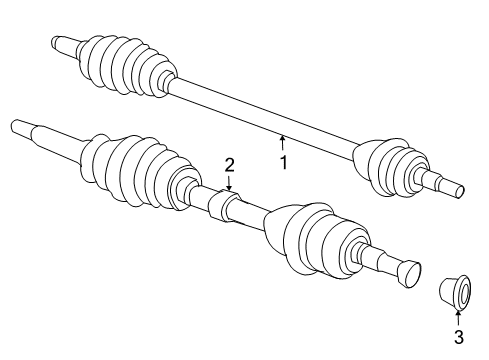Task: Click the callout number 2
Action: pos(229,164)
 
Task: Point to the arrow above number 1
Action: pos(283,143)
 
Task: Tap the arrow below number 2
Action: pos(229,183)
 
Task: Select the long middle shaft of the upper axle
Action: pos(260,117)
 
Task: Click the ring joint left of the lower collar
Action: pos(188,190)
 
